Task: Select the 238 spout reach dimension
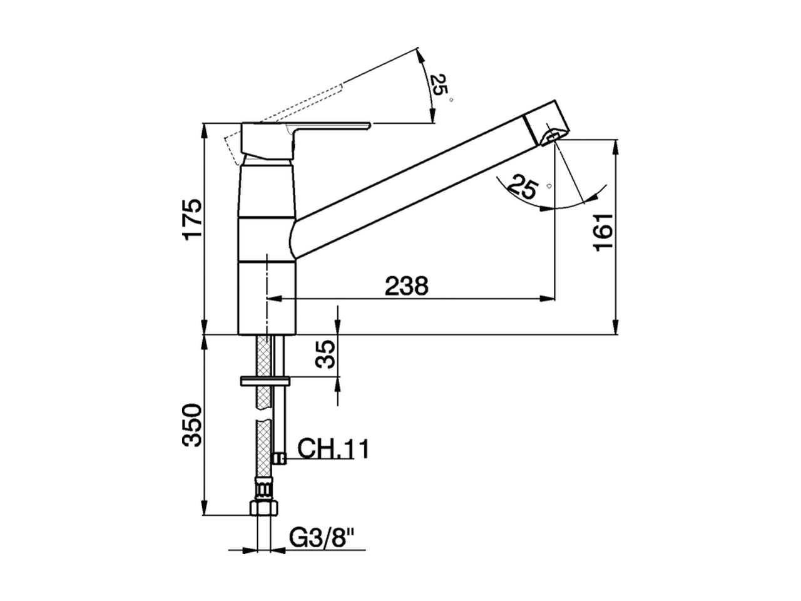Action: coord(406,286)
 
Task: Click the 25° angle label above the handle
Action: coord(440,86)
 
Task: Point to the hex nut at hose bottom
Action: coord(263,506)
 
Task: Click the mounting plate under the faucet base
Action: coord(263,381)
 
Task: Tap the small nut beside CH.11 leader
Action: coord(280,459)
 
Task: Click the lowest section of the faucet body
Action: coord(266,297)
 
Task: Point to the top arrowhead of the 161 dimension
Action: coord(617,144)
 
